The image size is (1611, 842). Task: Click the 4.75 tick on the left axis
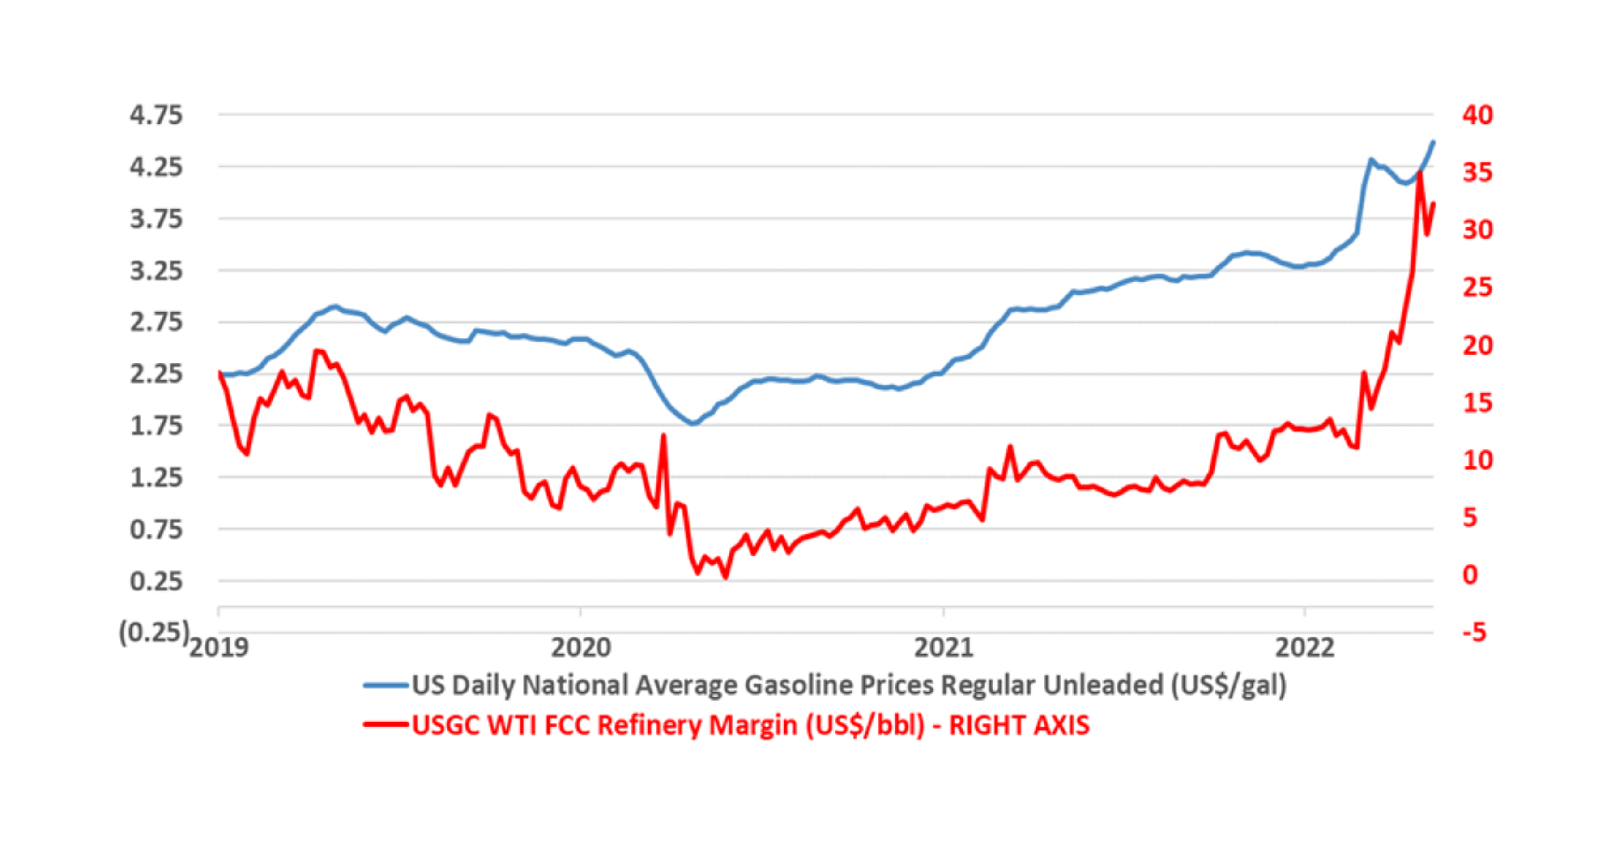pos(156,115)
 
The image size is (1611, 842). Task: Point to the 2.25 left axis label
pos(156,374)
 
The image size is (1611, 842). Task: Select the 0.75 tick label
pos(156,530)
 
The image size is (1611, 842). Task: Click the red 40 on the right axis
pos(1477,115)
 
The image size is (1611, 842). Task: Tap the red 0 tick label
pos(1470,575)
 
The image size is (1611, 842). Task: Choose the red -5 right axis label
pos(1474,633)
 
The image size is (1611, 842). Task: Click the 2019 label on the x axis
pos(219,647)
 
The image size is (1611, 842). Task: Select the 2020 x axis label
pos(580,647)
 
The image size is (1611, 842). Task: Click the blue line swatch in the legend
pos(386,686)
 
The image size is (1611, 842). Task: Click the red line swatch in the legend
pos(386,725)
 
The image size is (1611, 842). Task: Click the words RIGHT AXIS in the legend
pos(1019,726)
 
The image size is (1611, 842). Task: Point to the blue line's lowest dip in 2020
pos(693,423)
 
